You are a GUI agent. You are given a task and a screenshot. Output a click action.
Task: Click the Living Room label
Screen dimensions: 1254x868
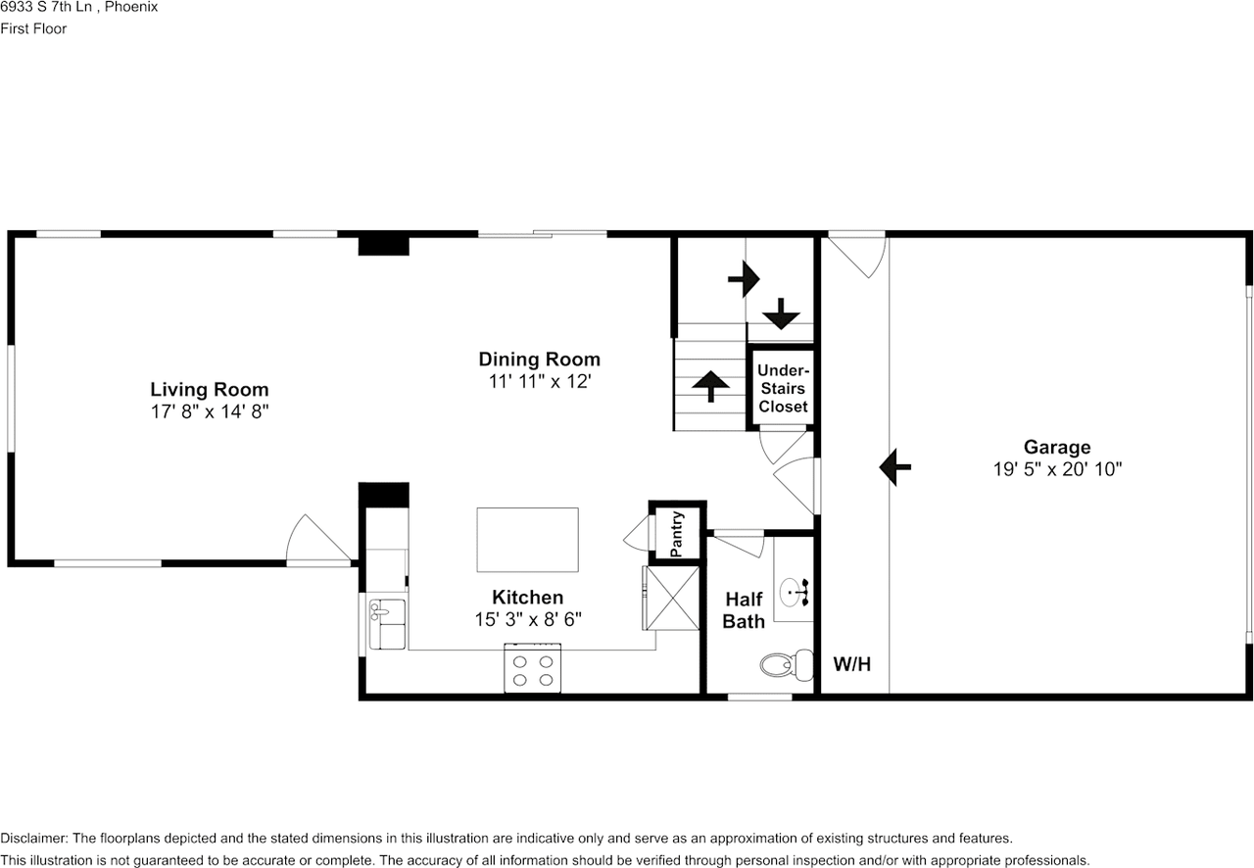[210, 389]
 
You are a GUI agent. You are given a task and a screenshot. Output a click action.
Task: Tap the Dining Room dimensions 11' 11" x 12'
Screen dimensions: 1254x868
[540, 381]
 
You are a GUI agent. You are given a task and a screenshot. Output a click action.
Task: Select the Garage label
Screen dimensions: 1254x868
[1057, 447]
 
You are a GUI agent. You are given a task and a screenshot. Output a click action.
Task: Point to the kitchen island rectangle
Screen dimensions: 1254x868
[527, 540]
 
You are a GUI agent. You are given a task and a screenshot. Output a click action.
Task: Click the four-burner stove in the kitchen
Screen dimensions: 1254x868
[532, 669]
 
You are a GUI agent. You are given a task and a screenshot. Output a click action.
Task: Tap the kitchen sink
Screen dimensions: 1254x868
[387, 624]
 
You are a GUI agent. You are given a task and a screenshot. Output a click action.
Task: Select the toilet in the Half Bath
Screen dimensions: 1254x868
[787, 665]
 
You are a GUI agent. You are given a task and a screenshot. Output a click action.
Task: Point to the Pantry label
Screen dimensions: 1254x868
[676, 534]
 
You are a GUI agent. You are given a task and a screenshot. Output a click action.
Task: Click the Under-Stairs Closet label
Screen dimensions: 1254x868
[783, 388]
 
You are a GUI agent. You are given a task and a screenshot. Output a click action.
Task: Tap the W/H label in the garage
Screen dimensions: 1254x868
[852, 664]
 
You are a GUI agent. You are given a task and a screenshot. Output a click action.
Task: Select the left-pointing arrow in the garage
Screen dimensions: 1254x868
[895, 466]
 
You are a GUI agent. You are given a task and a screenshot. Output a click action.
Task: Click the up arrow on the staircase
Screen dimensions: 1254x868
[710, 386]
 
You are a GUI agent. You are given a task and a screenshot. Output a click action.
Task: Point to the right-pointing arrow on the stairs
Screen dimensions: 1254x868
[744, 279]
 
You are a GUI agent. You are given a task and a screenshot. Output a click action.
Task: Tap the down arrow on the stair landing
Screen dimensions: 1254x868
[781, 313]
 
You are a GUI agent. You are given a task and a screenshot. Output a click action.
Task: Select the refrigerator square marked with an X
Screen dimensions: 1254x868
[672, 598]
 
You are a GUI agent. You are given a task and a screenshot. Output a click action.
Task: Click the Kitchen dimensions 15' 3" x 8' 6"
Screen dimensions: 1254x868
[528, 620]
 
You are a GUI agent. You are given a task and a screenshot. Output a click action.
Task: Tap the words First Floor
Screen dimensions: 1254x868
[33, 28]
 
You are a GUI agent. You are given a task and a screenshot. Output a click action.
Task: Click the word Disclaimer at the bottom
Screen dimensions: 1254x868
[34, 839]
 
